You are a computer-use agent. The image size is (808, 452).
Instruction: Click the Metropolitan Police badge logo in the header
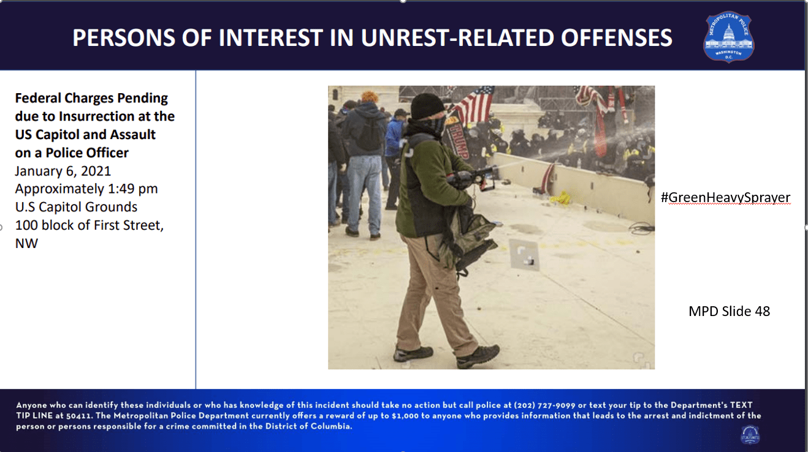[729, 37]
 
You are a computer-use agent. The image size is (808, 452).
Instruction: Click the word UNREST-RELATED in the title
[457, 37]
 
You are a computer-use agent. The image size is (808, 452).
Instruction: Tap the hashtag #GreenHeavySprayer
[725, 198]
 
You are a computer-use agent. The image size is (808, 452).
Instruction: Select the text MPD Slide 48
[729, 311]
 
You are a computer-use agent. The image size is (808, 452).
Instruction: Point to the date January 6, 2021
[63, 171]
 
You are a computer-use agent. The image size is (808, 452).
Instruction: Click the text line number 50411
[79, 416]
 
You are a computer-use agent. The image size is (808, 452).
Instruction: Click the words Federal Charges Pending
[91, 98]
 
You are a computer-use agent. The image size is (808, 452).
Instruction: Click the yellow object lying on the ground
[560, 197]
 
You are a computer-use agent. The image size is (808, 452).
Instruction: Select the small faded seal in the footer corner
[750, 435]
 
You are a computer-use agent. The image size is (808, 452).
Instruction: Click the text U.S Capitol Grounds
[76, 207]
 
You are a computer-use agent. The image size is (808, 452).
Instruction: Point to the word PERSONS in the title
[123, 37]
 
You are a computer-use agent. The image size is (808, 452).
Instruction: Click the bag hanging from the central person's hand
[470, 241]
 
